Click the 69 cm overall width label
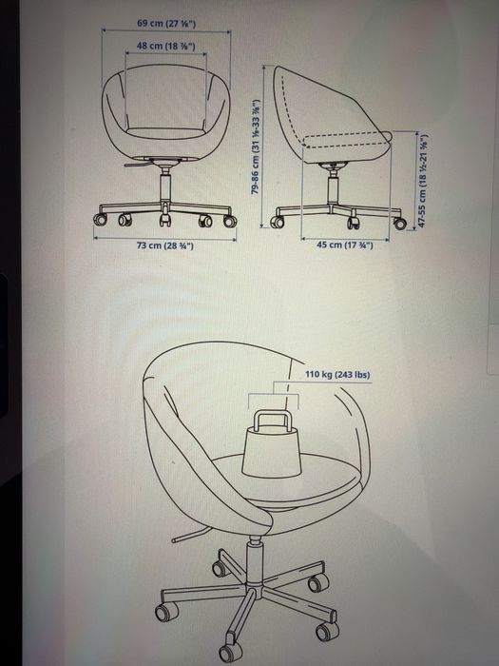[166, 23]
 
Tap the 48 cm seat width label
[166, 46]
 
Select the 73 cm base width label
[165, 245]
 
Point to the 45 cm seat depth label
[345, 245]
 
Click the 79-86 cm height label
[256, 147]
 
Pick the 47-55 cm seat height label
[423, 181]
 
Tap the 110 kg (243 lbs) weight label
[337, 375]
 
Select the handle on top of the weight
[273, 421]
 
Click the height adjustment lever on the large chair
[190, 535]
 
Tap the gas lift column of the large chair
[254, 560]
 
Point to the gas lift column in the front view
[165, 186]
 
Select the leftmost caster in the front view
[100, 220]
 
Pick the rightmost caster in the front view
[230, 221]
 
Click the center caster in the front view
[164, 219]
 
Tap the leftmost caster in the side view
[278, 222]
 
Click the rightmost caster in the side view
[400, 223]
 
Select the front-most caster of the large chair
[230, 652]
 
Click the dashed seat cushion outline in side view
[347, 141]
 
